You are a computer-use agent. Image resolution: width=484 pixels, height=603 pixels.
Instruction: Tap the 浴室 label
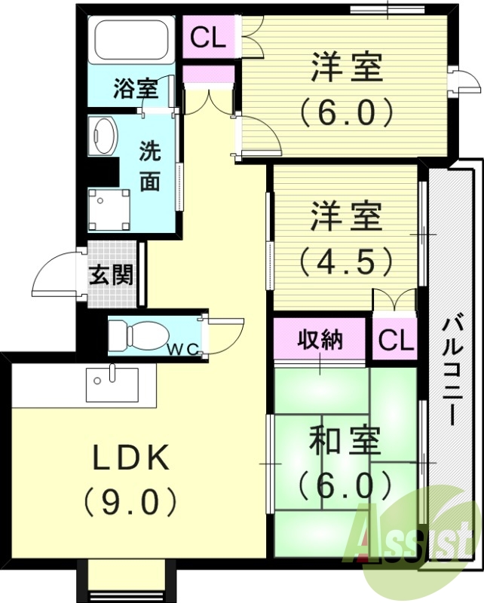tap(136, 89)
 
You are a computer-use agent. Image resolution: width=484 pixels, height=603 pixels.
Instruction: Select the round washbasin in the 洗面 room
tap(104, 136)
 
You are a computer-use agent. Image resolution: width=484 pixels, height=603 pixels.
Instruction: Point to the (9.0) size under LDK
tap(132, 499)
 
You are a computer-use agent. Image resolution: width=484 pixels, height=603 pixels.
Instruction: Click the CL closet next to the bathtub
tap(207, 38)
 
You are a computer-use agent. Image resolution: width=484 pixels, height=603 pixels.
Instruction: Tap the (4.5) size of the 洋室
tap(346, 261)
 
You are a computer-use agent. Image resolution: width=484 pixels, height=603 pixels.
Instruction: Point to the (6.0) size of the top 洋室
tap(346, 112)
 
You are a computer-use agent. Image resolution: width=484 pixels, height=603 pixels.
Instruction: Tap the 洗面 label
tap(150, 166)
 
